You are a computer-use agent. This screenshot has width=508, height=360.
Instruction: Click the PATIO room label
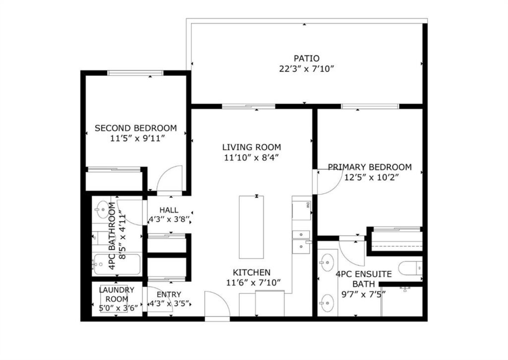pos(307,59)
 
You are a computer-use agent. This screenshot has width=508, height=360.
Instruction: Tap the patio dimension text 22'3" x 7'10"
pos(307,69)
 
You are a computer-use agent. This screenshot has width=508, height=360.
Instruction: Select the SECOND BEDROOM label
pos(135,128)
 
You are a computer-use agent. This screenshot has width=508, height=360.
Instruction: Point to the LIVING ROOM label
pos(252,147)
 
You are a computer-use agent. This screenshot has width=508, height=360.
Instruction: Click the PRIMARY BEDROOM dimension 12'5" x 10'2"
pos(371,177)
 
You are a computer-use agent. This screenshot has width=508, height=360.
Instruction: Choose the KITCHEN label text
pos(252,272)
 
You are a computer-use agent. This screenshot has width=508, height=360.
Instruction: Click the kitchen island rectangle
pos(251,227)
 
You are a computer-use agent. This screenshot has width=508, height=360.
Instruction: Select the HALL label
pos(169,210)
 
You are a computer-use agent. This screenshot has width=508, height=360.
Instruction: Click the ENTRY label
pos(169,294)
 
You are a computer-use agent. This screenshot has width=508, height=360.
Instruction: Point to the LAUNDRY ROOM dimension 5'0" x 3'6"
pos(119,308)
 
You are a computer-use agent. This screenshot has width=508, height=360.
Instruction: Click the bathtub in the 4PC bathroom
pos(117,264)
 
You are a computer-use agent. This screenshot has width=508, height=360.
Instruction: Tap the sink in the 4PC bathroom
pos(102,209)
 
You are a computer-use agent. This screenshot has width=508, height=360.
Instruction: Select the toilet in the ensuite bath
pos(411,268)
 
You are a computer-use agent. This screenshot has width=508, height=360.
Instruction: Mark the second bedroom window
pos(135,73)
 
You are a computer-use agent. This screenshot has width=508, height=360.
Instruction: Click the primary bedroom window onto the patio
pos(370,106)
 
